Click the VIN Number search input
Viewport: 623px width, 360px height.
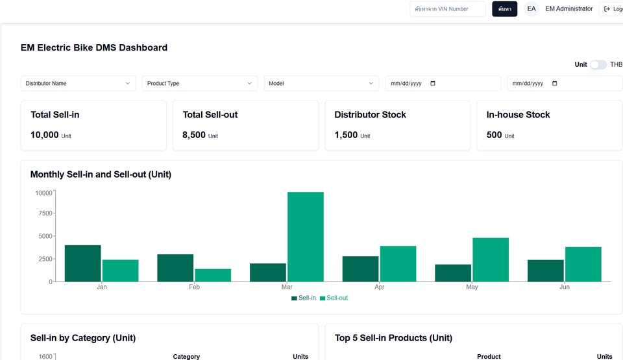pos(448,9)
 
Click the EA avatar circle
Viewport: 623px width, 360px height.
pos(531,9)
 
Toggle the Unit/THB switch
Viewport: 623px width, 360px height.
pos(598,64)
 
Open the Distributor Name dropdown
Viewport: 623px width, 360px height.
pos(78,83)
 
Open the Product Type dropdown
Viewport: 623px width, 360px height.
pos(200,83)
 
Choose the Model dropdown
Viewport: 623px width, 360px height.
pos(321,83)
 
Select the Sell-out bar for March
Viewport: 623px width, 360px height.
pos(306,237)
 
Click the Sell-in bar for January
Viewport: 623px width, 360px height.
pos(82,263)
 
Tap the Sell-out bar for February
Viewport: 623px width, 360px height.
pos(213,275)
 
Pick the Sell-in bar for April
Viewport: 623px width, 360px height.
pos(360,269)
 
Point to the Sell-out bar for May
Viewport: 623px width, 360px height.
pos(491,259)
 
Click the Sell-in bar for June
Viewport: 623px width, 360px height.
pos(545,270)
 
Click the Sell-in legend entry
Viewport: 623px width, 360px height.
pos(304,298)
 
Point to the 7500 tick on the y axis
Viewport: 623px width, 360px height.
pos(43,213)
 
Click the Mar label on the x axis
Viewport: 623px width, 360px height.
pos(287,287)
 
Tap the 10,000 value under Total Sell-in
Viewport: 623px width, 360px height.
pos(44,135)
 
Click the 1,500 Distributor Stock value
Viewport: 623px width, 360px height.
pos(346,135)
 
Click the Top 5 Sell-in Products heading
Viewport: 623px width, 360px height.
pos(393,338)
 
